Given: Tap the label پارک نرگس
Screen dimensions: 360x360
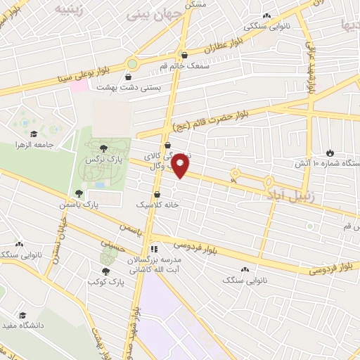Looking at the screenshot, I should pos(100,160).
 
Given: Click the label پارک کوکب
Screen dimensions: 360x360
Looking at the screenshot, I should pos(106,282).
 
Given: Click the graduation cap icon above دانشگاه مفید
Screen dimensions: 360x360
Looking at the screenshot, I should pos(22,315).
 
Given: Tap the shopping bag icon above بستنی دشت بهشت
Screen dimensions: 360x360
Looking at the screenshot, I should pos(129,77).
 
